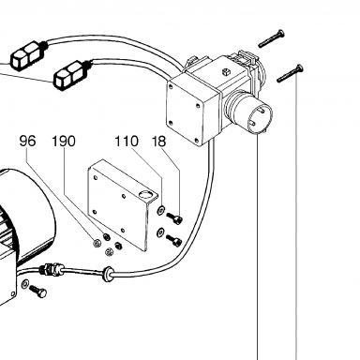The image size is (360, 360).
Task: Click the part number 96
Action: (27, 142)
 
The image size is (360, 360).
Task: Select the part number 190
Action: (64, 142)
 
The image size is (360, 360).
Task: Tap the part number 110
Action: (127, 142)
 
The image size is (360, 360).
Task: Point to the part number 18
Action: (159, 142)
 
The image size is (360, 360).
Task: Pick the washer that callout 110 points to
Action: (160, 210)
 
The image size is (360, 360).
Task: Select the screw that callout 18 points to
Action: (175, 218)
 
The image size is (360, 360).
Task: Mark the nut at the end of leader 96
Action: (97, 242)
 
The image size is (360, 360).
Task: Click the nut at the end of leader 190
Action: (107, 236)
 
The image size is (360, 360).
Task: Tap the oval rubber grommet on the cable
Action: (108, 273)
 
